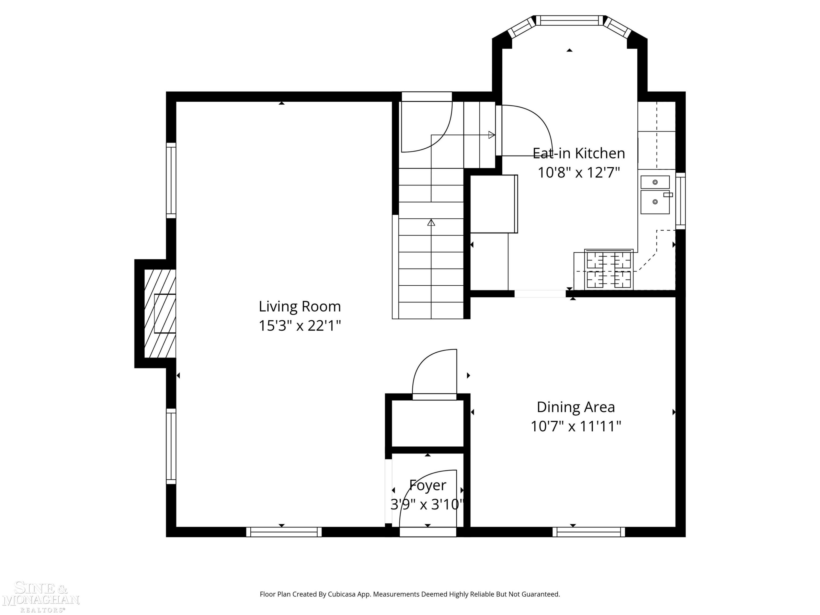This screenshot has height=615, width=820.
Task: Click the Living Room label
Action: (x=300, y=307)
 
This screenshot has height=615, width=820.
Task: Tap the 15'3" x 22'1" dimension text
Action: (x=300, y=326)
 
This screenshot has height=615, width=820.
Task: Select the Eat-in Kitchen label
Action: (x=579, y=153)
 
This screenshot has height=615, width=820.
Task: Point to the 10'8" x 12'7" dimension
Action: (x=579, y=172)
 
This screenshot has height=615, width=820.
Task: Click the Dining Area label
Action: (x=576, y=407)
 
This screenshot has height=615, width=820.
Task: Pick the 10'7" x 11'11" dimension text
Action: (x=576, y=426)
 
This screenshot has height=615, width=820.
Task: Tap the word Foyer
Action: (x=427, y=485)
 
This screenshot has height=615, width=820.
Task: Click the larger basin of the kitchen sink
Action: (x=655, y=202)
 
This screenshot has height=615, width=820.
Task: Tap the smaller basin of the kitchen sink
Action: (x=655, y=182)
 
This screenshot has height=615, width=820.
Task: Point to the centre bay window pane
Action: (x=569, y=20)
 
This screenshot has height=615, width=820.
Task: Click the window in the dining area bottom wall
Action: (x=589, y=532)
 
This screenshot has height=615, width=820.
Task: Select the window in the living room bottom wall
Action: (x=284, y=532)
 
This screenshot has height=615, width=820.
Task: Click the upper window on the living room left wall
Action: (x=171, y=180)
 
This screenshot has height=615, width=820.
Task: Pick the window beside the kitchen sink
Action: (x=681, y=201)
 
